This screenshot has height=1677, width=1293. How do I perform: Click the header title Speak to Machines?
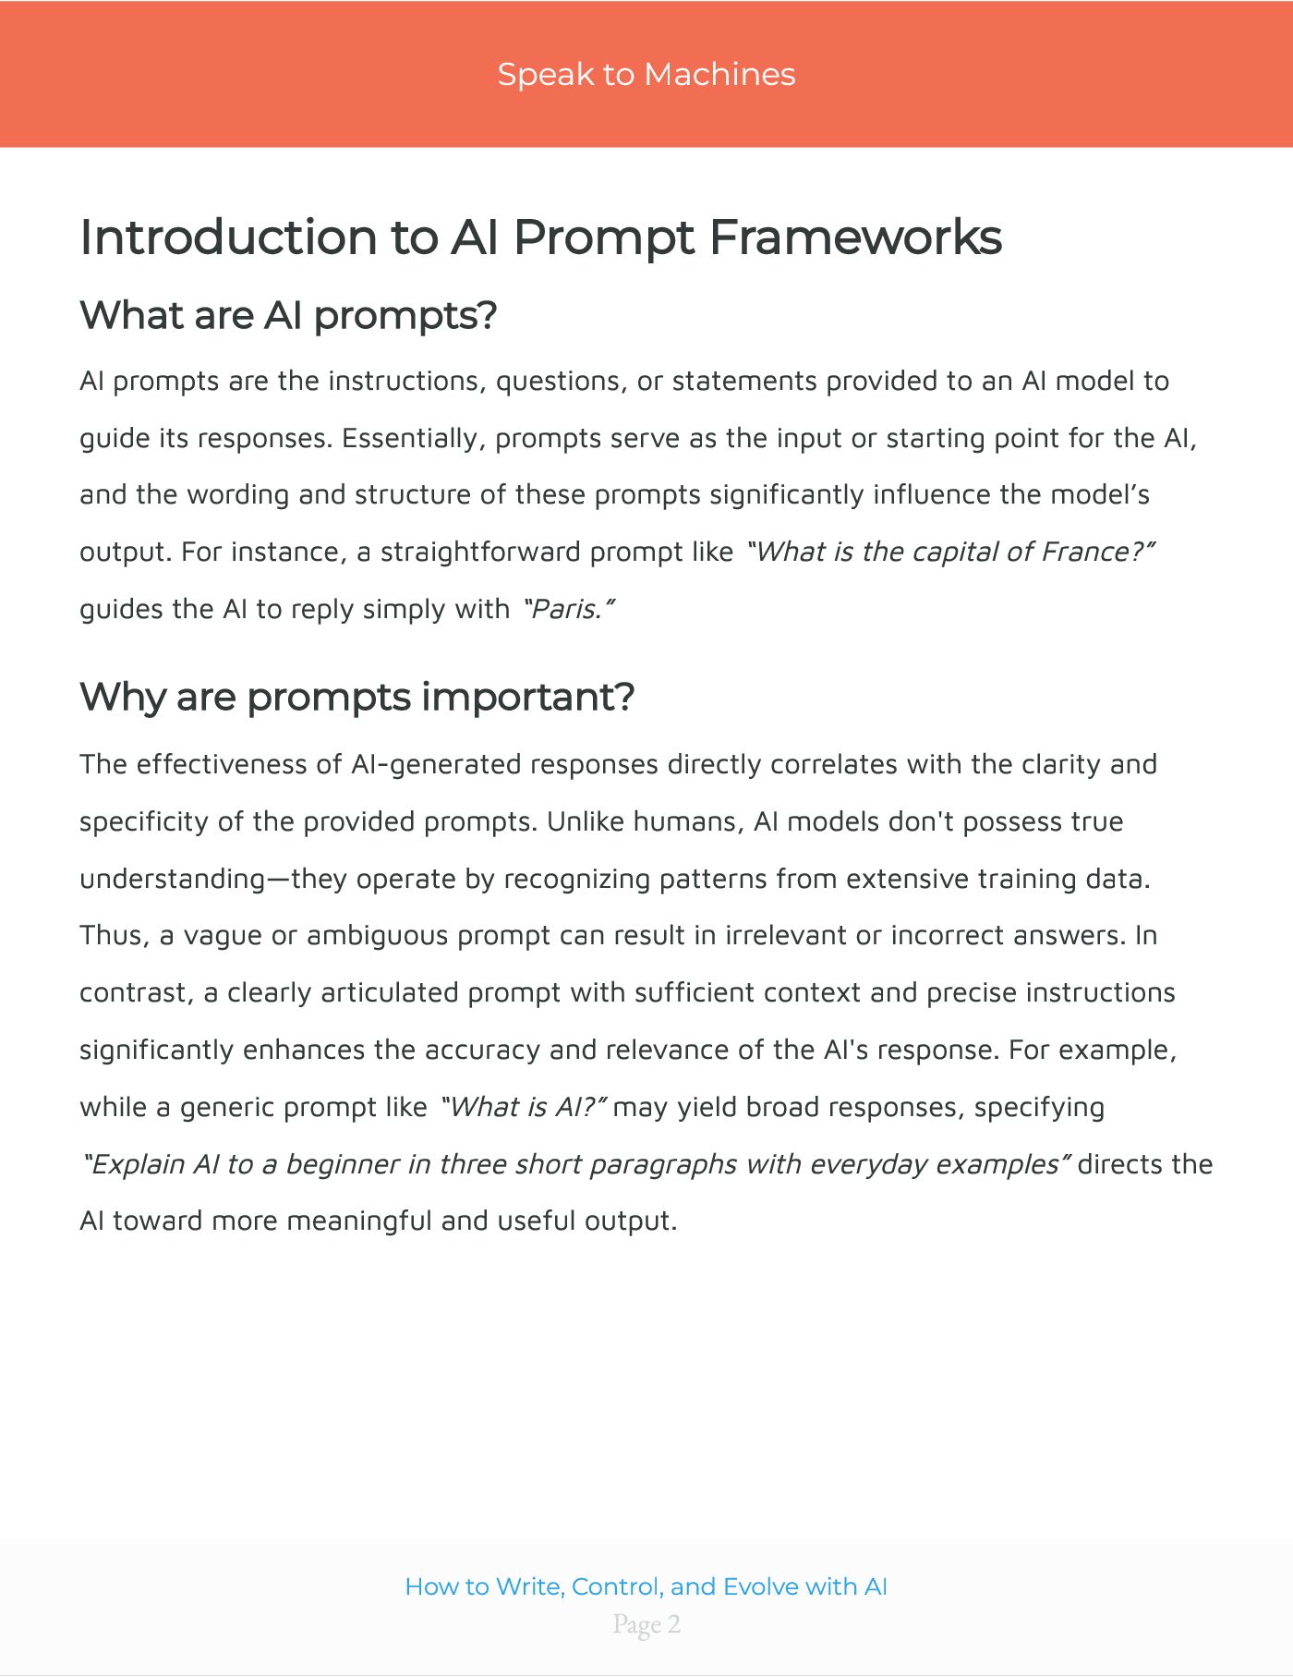646,74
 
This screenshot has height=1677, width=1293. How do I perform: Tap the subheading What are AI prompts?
288,315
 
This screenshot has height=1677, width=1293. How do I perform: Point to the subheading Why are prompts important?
356,696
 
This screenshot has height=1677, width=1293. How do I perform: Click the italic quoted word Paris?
567,609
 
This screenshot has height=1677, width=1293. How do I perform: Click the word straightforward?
481,552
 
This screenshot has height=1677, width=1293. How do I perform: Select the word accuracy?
482,1051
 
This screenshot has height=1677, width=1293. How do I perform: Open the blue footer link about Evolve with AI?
646,1586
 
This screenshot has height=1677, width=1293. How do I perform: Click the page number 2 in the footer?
673,1624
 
